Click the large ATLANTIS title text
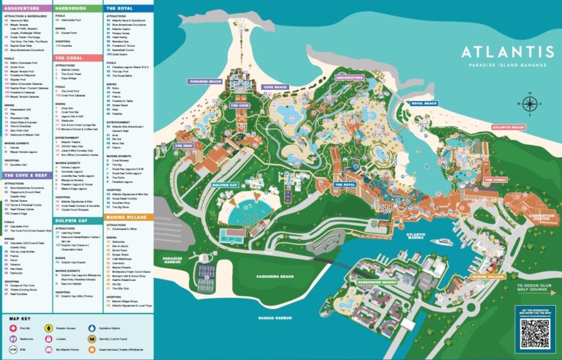507,52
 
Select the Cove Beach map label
276,87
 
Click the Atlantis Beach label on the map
508,127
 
